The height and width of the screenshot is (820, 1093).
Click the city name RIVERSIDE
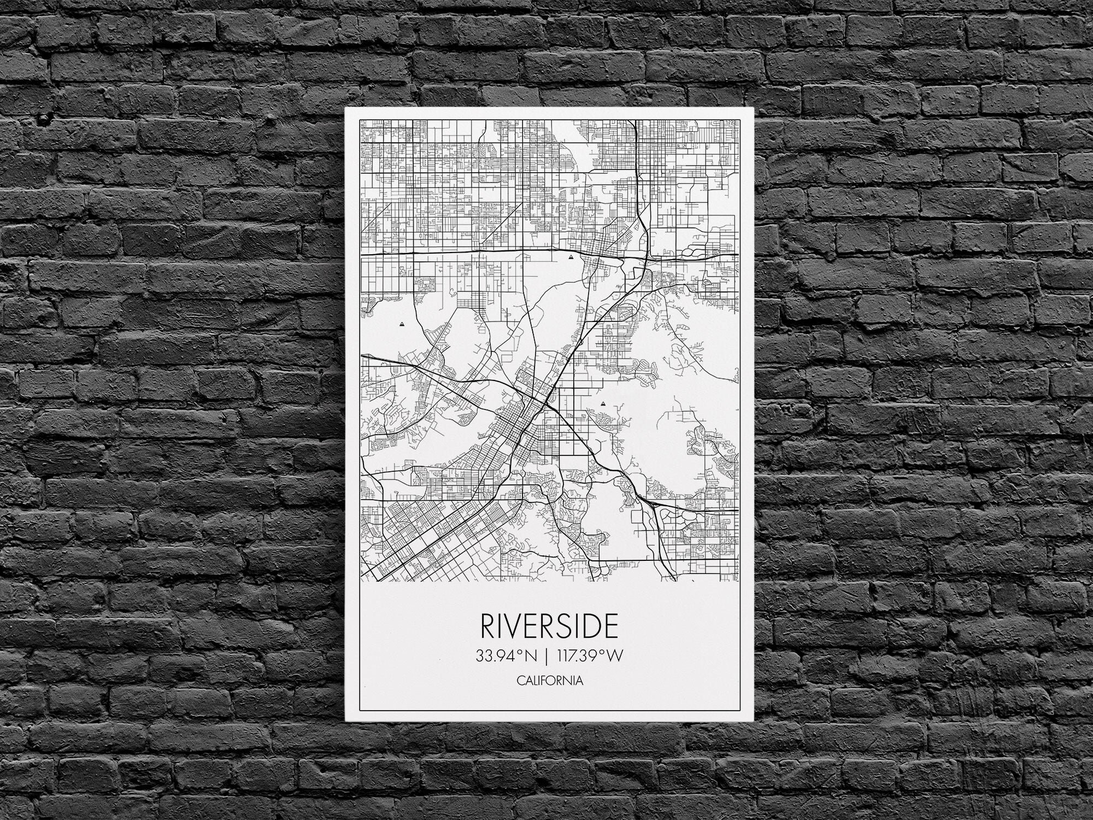click(549, 626)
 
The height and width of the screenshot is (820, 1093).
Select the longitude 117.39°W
click(589, 656)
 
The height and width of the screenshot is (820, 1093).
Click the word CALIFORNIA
click(549, 681)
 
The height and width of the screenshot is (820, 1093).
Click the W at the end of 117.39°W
click(615, 656)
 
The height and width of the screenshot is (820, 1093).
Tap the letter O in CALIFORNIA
click(549, 681)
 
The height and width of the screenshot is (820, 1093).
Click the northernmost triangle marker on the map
click(571, 255)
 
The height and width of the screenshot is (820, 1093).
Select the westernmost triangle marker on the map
click(403, 324)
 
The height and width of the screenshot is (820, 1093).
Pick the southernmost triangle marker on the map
click(603, 403)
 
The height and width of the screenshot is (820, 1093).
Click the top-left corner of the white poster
click(345, 108)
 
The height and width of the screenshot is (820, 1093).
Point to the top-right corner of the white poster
click(753, 108)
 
